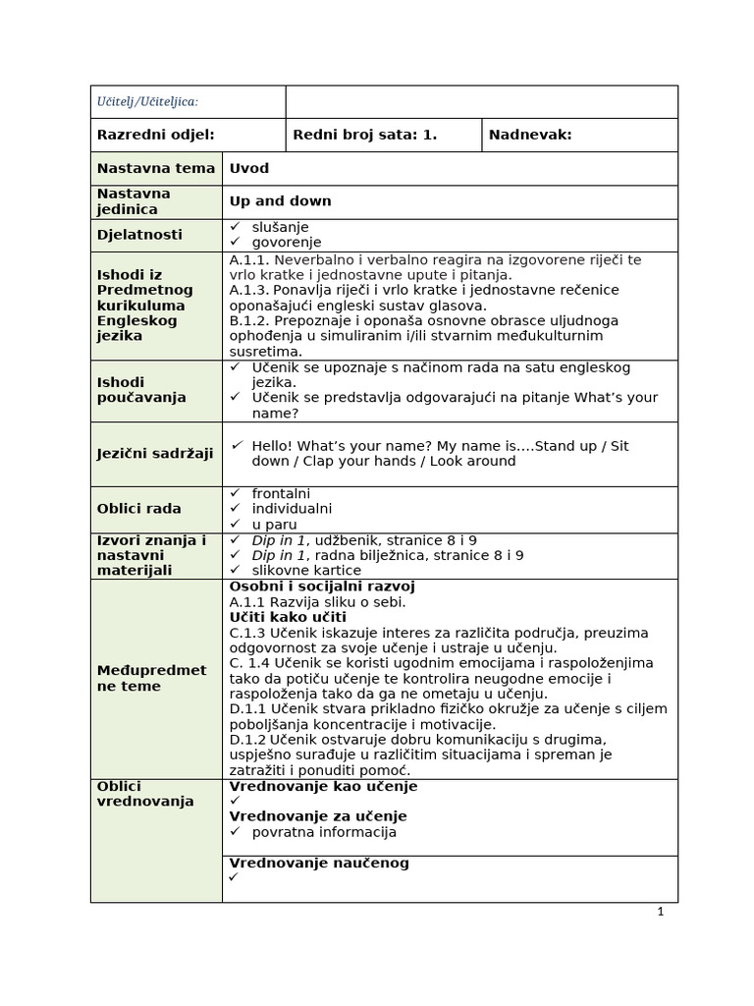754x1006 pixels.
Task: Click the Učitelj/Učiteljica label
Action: point(146,101)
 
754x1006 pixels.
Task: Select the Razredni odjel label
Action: point(155,135)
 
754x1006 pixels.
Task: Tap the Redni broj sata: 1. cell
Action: point(364,135)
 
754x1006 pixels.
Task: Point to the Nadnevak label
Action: point(530,135)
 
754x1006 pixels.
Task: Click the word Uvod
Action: point(249,168)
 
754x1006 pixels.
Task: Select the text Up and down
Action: point(280,201)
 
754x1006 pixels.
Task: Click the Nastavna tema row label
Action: point(155,168)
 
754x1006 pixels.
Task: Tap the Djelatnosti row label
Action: point(139,235)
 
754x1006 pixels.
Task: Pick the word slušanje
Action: point(280,227)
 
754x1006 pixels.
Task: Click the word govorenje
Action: point(286,243)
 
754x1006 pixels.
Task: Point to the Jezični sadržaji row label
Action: point(155,453)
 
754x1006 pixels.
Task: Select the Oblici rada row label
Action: point(138,509)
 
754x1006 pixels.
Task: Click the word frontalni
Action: point(281,493)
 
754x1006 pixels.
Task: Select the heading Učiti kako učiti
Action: point(288,617)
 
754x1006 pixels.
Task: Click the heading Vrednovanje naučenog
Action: point(319,863)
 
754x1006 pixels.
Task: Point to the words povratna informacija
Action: point(324,832)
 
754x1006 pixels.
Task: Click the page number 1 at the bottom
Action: point(661,912)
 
